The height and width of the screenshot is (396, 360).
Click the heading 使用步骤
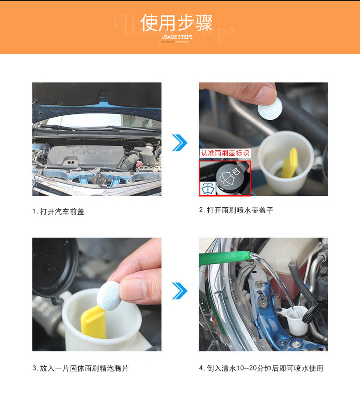[x=176, y=23]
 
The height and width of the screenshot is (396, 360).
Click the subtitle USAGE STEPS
[x=177, y=37]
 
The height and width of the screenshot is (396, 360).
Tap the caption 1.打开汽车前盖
[x=58, y=211]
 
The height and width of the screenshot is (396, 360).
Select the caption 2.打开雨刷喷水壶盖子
[x=236, y=210]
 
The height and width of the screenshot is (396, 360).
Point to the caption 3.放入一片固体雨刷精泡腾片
[x=81, y=368]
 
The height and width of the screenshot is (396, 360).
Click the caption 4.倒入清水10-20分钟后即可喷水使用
[x=261, y=368]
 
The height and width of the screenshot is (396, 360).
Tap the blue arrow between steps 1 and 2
[x=180, y=143]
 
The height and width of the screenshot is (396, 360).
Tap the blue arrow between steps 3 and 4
[x=180, y=291]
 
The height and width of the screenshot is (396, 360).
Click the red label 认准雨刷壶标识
[x=225, y=153]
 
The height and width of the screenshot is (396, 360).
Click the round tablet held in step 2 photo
[x=270, y=108]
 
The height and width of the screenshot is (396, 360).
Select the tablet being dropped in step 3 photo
[x=109, y=296]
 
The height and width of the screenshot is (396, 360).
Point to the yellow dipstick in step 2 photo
[x=290, y=163]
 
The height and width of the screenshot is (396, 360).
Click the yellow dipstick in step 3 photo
[x=93, y=322]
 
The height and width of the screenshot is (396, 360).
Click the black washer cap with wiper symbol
[x=230, y=176]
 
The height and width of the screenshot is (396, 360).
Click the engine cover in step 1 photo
[x=86, y=157]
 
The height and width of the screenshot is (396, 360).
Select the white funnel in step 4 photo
[x=296, y=320]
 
